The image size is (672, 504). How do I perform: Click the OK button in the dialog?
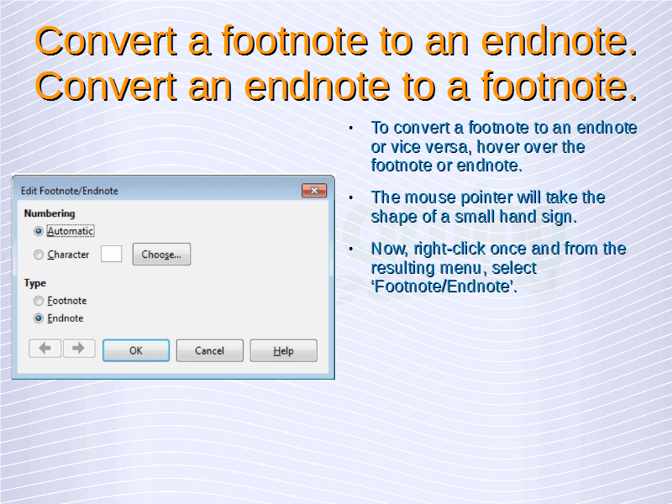pyautogui.click(x=136, y=350)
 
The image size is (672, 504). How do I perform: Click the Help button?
pyautogui.click(x=283, y=350)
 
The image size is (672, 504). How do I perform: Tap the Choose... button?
pyautogui.click(x=161, y=255)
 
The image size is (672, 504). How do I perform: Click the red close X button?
pyautogui.click(x=314, y=191)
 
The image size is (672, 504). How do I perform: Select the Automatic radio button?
pyautogui.click(x=39, y=231)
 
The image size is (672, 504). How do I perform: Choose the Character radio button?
pyautogui.click(x=39, y=255)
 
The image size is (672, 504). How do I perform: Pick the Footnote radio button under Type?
pyautogui.click(x=39, y=301)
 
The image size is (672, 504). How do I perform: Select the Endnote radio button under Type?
pyautogui.click(x=39, y=318)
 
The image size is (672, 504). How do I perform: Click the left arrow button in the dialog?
pyautogui.click(x=45, y=348)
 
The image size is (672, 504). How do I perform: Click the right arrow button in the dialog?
pyautogui.click(x=79, y=348)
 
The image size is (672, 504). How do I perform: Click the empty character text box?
pyautogui.click(x=112, y=254)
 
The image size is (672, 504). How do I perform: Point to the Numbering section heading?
pyautogui.click(x=50, y=213)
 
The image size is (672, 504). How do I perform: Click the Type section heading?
pyautogui.click(x=34, y=283)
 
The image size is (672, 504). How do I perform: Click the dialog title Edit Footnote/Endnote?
pyautogui.click(x=70, y=191)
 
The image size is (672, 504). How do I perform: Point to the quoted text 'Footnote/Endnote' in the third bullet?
pyautogui.click(x=444, y=286)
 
